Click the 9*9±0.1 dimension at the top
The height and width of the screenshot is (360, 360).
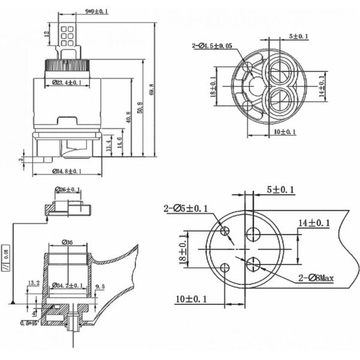click(x=96, y=11)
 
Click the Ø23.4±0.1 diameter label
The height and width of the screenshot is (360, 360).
click(x=67, y=82)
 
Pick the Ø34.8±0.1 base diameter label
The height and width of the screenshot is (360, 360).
click(x=67, y=171)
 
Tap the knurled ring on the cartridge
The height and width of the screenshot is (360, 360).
click(x=68, y=64)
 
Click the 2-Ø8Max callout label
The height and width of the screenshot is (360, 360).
click(x=317, y=277)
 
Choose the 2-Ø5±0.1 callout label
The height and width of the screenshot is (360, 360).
click(x=185, y=209)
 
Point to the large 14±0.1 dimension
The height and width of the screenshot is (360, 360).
click(x=314, y=223)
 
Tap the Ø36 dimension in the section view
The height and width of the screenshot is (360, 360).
click(x=68, y=242)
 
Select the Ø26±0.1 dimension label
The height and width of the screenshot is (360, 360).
click(x=67, y=190)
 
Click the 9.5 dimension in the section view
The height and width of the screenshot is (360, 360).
click(x=100, y=287)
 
